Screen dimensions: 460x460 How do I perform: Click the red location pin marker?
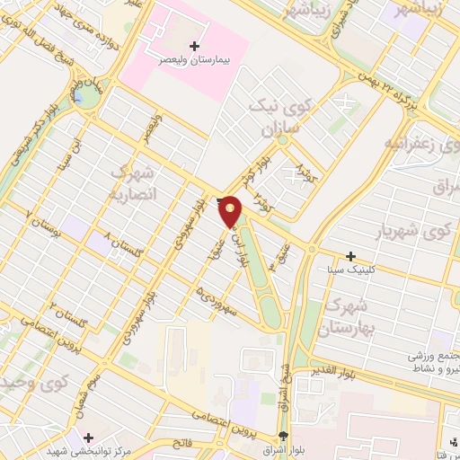pos(231,209)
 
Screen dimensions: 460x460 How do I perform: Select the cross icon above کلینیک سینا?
pos(351,256)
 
